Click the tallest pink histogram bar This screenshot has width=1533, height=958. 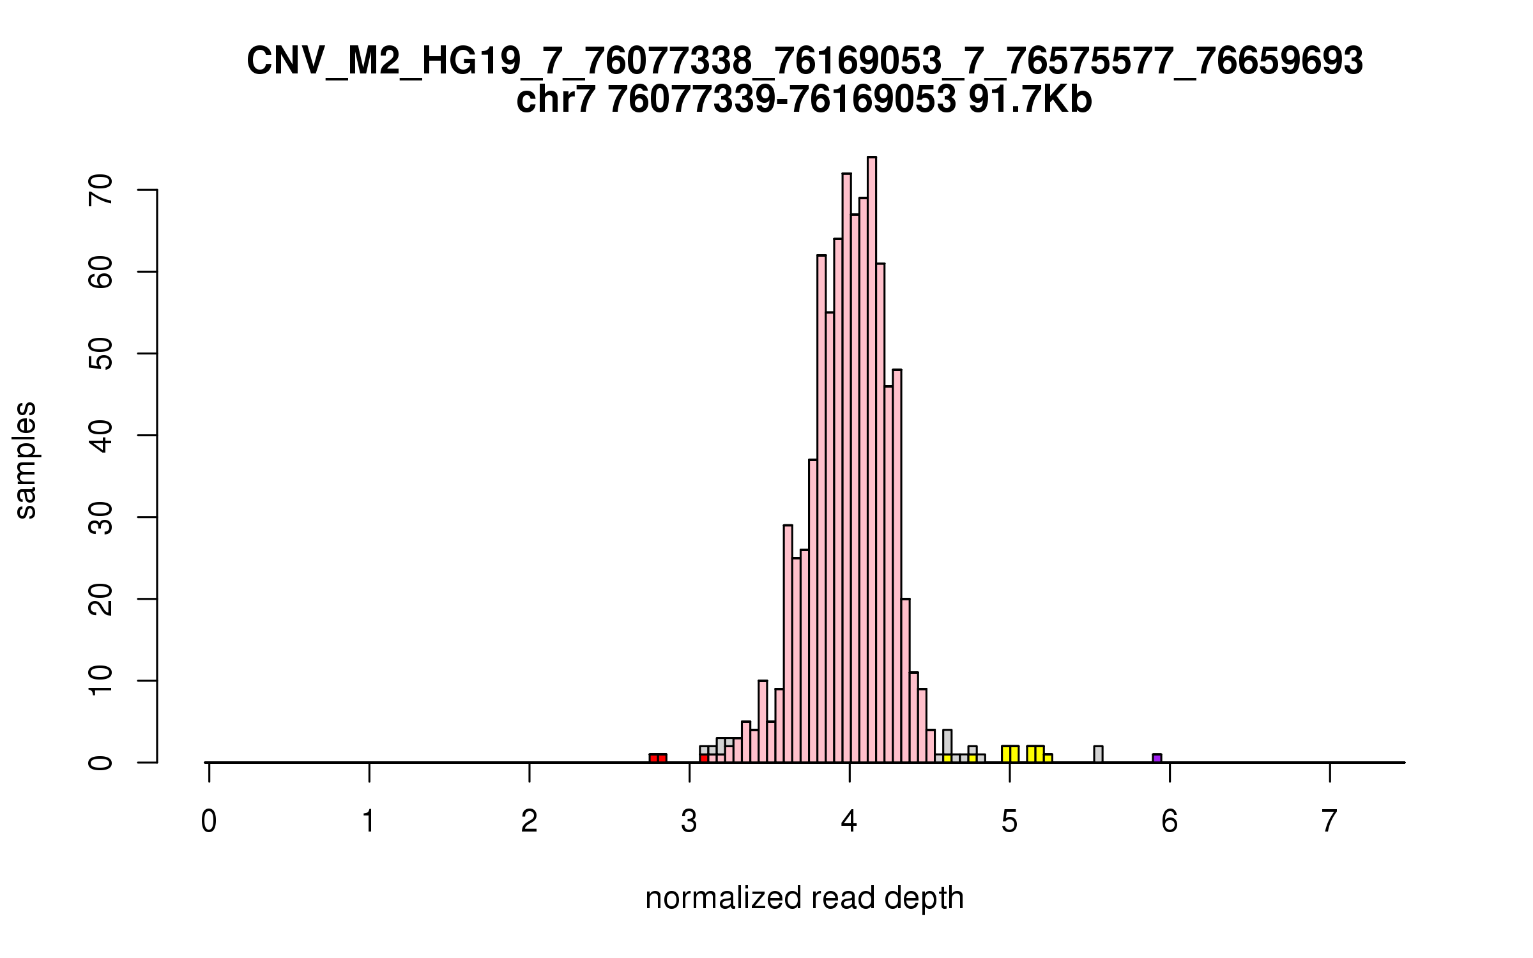pyautogui.click(x=871, y=460)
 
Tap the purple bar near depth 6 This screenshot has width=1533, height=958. pyautogui.click(x=1157, y=758)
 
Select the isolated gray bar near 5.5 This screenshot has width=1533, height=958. pyautogui.click(x=1098, y=754)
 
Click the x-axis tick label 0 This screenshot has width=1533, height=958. pyautogui.click(x=209, y=822)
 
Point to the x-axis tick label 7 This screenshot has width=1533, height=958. pyautogui.click(x=1329, y=822)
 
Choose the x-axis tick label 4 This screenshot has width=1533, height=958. pyautogui.click(x=849, y=822)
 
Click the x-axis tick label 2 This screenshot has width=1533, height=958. pyautogui.click(x=529, y=822)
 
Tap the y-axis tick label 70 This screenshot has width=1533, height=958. pyautogui.click(x=101, y=190)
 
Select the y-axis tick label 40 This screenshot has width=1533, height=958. pyautogui.click(x=101, y=436)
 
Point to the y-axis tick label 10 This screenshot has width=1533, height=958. pyautogui.click(x=101, y=681)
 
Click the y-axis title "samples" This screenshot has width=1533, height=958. pyautogui.click(x=26, y=460)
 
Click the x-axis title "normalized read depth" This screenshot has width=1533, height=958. pyautogui.click(x=804, y=898)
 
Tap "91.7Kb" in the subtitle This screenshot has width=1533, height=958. pyautogui.click(x=1030, y=100)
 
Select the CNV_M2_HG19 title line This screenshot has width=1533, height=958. pyautogui.click(x=805, y=61)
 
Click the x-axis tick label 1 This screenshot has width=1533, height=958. pyautogui.click(x=369, y=822)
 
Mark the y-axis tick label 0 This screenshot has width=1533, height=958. pyautogui.click(x=101, y=763)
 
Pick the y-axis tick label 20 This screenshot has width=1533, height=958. pyautogui.click(x=101, y=599)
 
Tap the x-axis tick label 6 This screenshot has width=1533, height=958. pyautogui.click(x=1170, y=822)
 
